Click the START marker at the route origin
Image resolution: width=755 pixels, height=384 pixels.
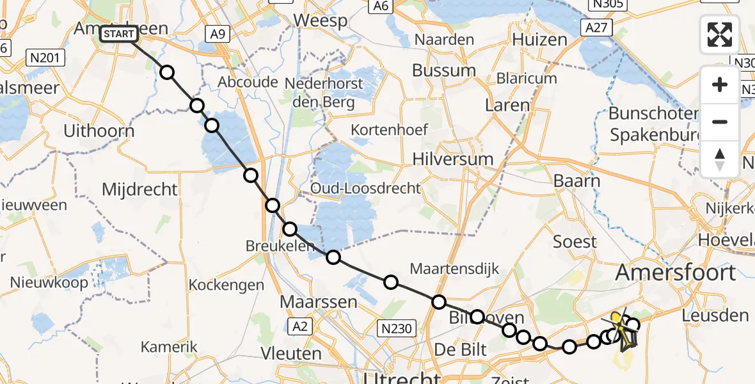point(119,34)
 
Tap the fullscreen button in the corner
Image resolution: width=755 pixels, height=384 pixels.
point(720,35)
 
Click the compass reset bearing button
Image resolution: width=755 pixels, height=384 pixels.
point(720,159)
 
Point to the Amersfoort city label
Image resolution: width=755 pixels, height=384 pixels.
point(675,273)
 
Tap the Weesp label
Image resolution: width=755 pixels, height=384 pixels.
point(321,20)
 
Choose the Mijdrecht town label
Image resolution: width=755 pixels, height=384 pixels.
point(139,189)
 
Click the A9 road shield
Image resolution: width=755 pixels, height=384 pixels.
point(217,34)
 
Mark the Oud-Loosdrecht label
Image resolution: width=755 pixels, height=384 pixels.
point(365,188)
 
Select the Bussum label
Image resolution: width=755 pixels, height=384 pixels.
point(444,70)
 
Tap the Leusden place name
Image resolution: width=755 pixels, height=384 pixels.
point(715,315)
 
